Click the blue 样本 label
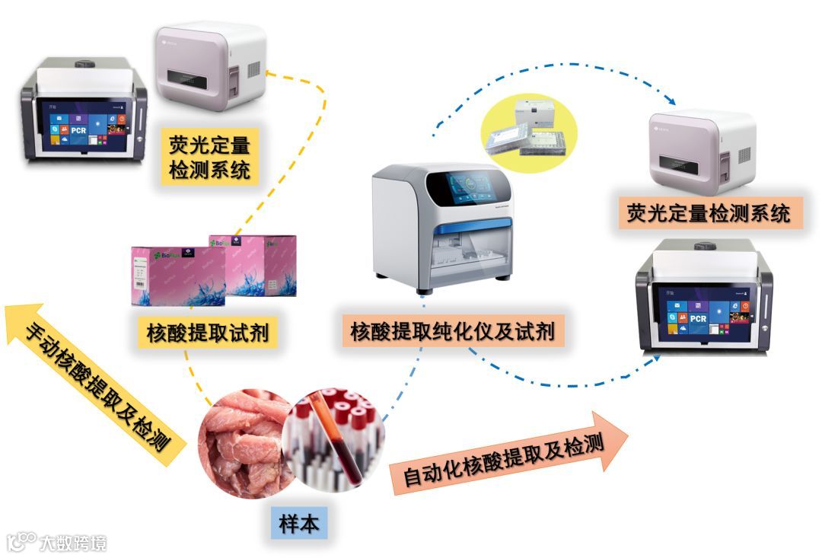299,523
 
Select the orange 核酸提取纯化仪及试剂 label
452,331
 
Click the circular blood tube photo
335,438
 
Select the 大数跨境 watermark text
73,542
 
